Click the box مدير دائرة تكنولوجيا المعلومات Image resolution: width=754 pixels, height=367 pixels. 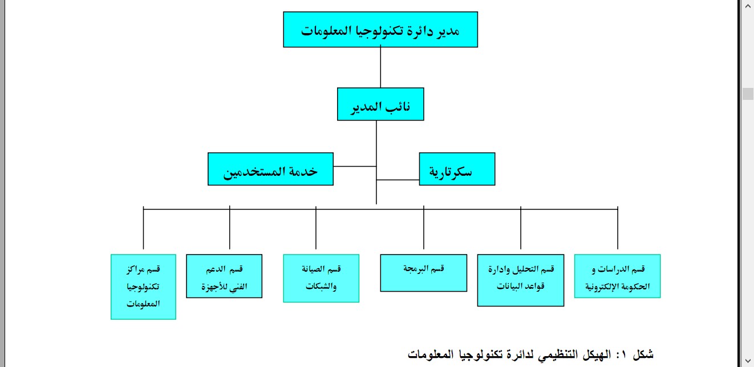(380, 29)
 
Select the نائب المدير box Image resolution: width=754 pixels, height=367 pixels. (380, 104)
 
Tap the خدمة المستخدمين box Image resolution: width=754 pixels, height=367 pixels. (270, 169)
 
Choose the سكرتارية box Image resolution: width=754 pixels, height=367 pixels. (457, 169)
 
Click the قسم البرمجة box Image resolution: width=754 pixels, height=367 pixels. (423, 273)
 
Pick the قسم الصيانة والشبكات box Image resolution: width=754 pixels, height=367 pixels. (321, 277)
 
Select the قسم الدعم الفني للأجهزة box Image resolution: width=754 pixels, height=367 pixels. (224, 276)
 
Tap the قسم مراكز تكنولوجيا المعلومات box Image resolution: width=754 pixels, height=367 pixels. (143, 286)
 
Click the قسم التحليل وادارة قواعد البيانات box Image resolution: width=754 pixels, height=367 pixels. (521, 280)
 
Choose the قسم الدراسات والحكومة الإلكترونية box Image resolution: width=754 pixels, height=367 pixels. (617, 276)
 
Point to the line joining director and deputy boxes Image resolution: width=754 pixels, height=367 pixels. (380, 67)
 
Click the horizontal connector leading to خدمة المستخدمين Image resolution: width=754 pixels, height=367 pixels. (354, 167)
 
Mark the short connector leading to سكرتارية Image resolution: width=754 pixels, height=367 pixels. (398, 180)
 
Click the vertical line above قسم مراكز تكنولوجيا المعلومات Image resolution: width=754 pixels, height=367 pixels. (143, 231)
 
